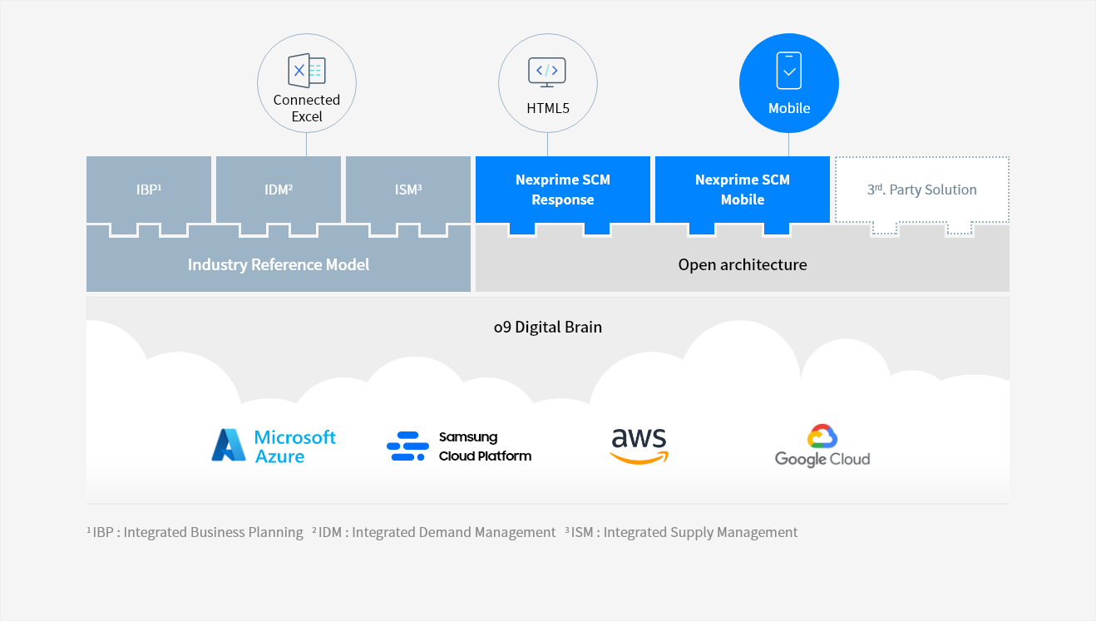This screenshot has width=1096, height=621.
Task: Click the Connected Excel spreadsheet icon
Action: coord(306,71)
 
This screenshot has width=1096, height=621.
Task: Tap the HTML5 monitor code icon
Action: coord(547,71)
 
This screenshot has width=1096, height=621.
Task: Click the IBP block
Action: coord(149,190)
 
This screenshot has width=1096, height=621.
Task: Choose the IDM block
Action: coord(279,190)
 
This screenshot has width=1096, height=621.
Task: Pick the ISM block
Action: coord(408,190)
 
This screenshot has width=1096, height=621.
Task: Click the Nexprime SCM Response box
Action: coord(563,190)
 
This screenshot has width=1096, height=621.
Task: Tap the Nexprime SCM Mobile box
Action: coord(743,190)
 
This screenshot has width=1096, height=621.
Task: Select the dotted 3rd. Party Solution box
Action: coord(921,190)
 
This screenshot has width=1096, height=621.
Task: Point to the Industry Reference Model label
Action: coord(279,265)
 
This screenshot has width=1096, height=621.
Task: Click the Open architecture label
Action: coord(743,265)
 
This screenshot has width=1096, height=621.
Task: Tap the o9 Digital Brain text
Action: coord(548,327)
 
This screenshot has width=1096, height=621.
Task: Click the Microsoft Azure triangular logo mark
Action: coord(228,446)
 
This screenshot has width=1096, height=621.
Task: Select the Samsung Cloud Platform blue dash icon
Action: coord(407,446)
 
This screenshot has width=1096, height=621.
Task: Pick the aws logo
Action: coord(639,446)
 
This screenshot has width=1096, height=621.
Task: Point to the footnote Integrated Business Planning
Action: coord(213,532)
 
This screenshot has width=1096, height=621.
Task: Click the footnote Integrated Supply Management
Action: coord(700,532)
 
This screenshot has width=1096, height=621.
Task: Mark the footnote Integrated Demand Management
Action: coord(453,532)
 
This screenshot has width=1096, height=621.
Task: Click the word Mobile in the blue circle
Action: coord(789,108)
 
